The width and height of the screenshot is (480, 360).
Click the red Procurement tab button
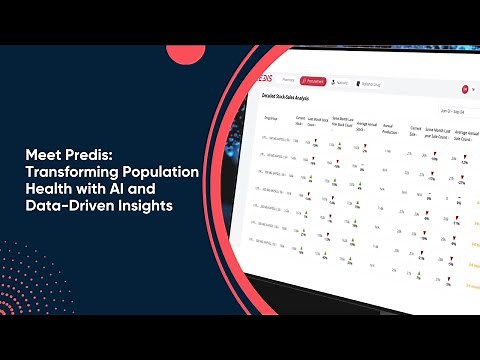click(x=312, y=80)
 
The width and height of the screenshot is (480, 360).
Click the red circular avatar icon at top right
click(x=465, y=90)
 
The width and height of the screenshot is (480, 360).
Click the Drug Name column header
click(x=272, y=119)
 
